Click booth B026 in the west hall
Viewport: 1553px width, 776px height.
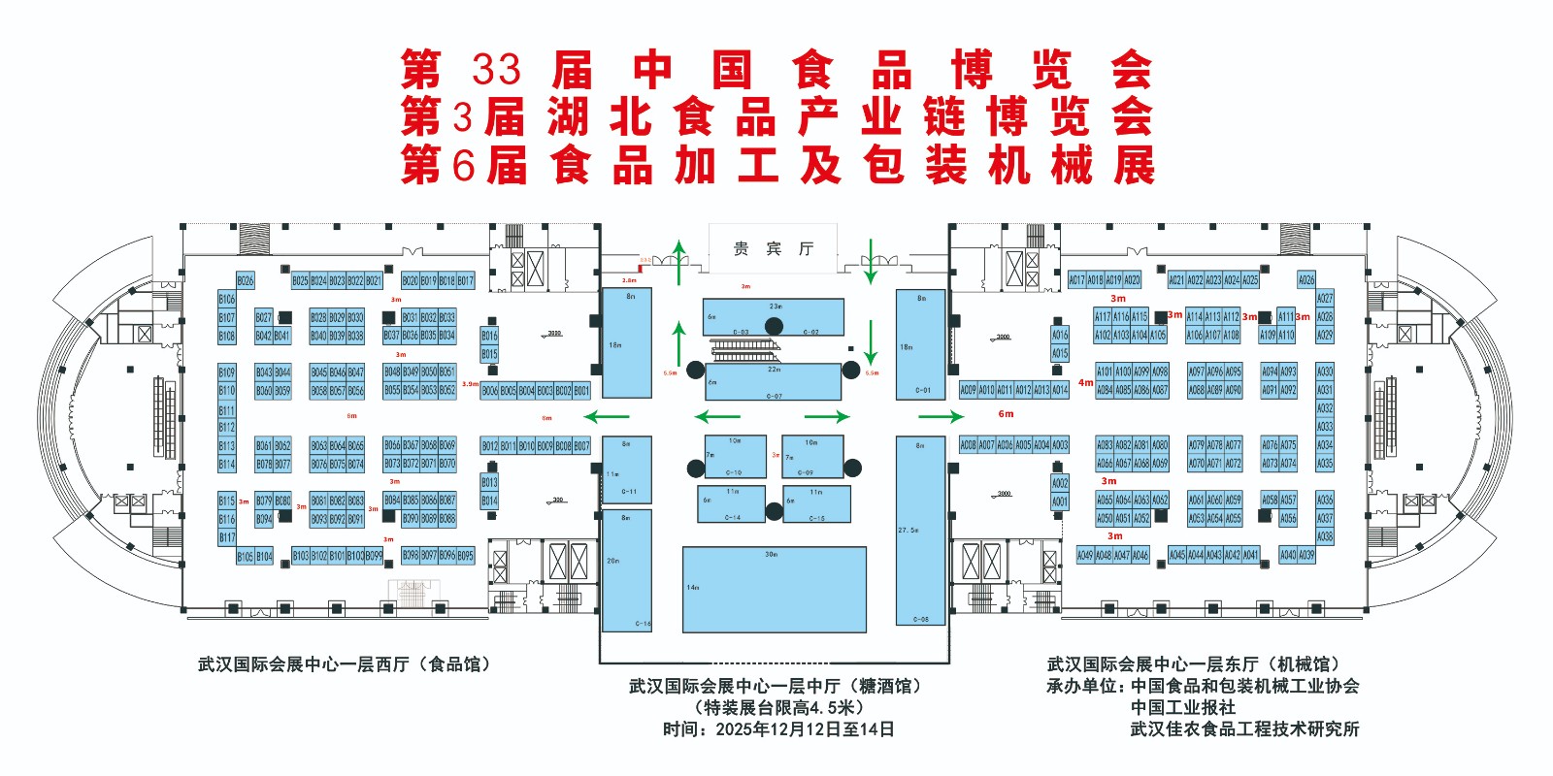pyautogui.click(x=246, y=280)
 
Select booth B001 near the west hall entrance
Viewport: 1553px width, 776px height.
pyautogui.click(x=581, y=390)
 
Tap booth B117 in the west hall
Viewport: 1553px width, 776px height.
pyautogui.click(x=226, y=536)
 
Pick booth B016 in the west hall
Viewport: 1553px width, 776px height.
pyautogui.click(x=489, y=336)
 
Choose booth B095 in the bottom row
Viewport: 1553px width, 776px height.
pyautogui.click(x=466, y=556)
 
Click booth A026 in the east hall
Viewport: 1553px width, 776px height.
pyautogui.click(x=1306, y=279)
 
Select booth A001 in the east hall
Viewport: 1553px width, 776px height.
pyautogui.click(x=1060, y=501)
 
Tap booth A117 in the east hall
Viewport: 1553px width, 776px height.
pyautogui.click(x=1103, y=316)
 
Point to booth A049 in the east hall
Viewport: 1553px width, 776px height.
pyautogui.click(x=1085, y=555)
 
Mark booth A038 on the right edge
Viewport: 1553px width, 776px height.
pyautogui.click(x=1325, y=535)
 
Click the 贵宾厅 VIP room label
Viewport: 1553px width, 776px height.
pyautogui.click(x=773, y=249)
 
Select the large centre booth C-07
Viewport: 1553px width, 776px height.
pyautogui.click(x=774, y=382)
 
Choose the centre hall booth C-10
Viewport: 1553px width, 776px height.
pyautogui.click(x=735, y=456)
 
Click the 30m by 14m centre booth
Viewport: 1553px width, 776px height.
pyautogui.click(x=774, y=590)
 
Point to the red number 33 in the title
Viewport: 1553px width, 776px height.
pyautogui.click(x=496, y=70)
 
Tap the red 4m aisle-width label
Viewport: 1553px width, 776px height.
pyautogui.click(x=1085, y=383)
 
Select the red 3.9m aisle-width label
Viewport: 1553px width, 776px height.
pyautogui.click(x=470, y=384)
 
